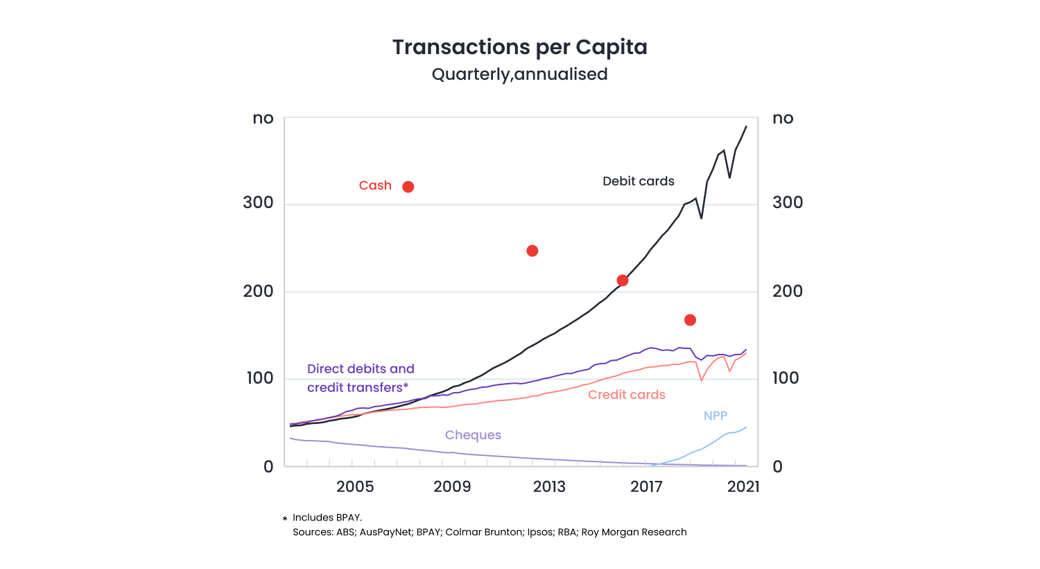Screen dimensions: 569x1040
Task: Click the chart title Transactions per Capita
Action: click(x=519, y=47)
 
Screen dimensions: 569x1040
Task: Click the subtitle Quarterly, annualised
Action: click(x=519, y=74)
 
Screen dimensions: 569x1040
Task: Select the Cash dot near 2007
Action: click(x=408, y=187)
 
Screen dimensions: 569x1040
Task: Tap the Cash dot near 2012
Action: click(x=532, y=250)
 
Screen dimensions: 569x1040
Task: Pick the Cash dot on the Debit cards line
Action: click(x=623, y=280)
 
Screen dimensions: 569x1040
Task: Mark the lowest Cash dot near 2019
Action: click(x=690, y=320)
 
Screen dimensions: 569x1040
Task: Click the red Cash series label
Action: click(x=375, y=185)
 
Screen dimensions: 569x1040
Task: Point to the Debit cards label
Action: click(x=638, y=181)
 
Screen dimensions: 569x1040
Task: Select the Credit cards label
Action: click(x=626, y=395)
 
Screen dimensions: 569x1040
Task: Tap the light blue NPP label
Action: click(x=715, y=416)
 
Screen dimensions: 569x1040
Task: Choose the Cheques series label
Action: click(x=473, y=435)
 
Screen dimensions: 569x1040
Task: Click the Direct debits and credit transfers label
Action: click(x=361, y=378)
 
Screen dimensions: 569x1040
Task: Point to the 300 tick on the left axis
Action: click(x=258, y=203)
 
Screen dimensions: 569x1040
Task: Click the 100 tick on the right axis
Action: click(x=786, y=378)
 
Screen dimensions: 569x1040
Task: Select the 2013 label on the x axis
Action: click(x=549, y=486)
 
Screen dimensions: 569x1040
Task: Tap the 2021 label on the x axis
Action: click(x=743, y=486)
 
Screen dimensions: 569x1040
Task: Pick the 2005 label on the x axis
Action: click(x=355, y=486)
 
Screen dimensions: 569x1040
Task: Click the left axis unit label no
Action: click(x=263, y=119)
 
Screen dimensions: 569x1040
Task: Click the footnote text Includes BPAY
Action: click(x=327, y=518)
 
